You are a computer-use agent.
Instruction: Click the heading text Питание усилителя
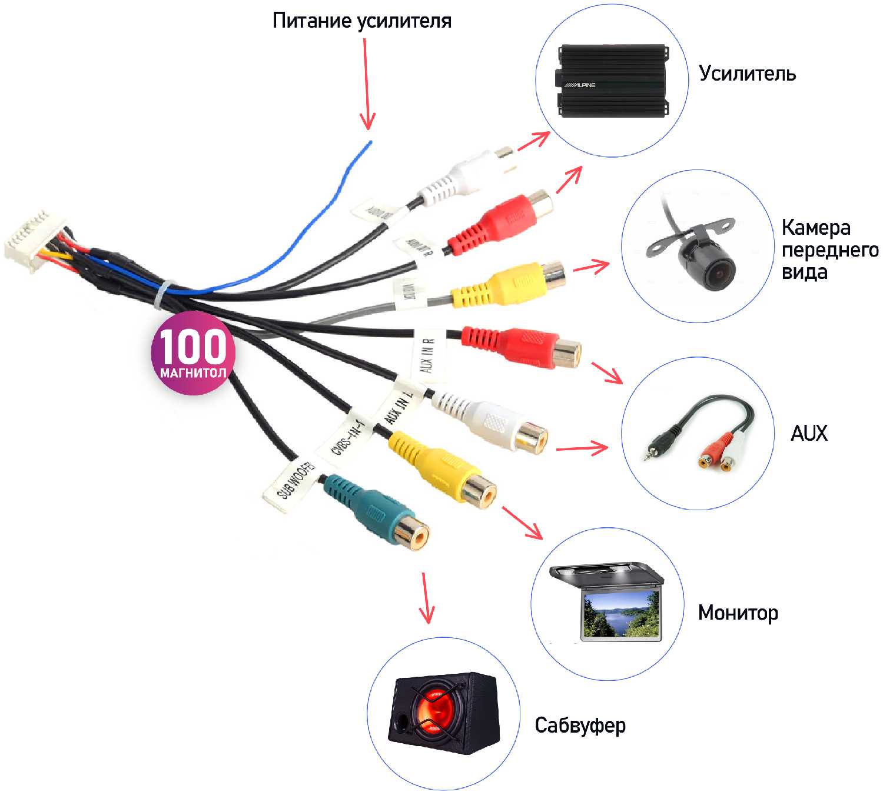click(361, 21)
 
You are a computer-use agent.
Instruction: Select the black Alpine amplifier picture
click(612, 81)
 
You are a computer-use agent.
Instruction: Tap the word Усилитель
click(747, 74)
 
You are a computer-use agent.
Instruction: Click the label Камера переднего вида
click(829, 250)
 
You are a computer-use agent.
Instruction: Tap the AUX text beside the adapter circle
click(809, 434)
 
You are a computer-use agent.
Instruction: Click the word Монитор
click(738, 613)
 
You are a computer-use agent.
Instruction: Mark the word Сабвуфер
click(580, 726)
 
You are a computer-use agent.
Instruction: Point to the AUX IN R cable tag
click(428, 355)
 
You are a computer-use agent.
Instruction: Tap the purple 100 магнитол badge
click(193, 353)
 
